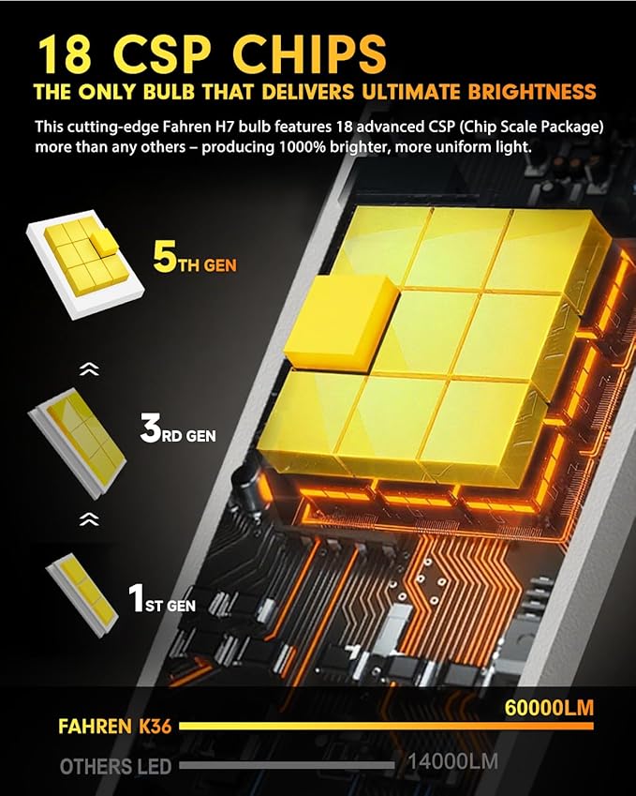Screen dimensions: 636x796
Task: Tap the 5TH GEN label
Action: point(195,258)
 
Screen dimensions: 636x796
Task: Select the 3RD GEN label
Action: point(178,428)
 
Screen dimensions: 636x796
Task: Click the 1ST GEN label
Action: point(162,598)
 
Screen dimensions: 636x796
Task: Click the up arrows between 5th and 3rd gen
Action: point(89,369)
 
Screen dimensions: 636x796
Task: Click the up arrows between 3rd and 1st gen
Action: point(89,518)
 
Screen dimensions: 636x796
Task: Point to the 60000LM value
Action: point(549,708)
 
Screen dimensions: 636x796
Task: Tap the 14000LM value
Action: point(453,761)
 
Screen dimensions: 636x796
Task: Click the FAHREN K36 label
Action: point(115,727)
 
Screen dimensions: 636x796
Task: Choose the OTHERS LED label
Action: point(115,767)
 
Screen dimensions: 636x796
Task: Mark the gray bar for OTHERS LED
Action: point(287,765)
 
